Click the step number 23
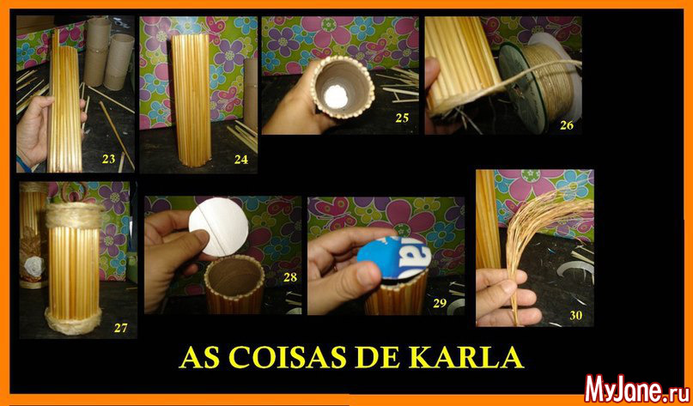(109, 159)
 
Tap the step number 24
(241, 160)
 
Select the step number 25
(402, 118)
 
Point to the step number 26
(567, 125)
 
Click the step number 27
(121, 328)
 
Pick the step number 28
(290, 277)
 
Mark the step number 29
(440, 303)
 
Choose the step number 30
(576, 315)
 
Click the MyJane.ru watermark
(637, 389)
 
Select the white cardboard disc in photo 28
(218, 227)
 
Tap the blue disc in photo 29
(393, 258)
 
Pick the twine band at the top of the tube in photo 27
(75, 215)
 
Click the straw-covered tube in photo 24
(191, 100)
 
